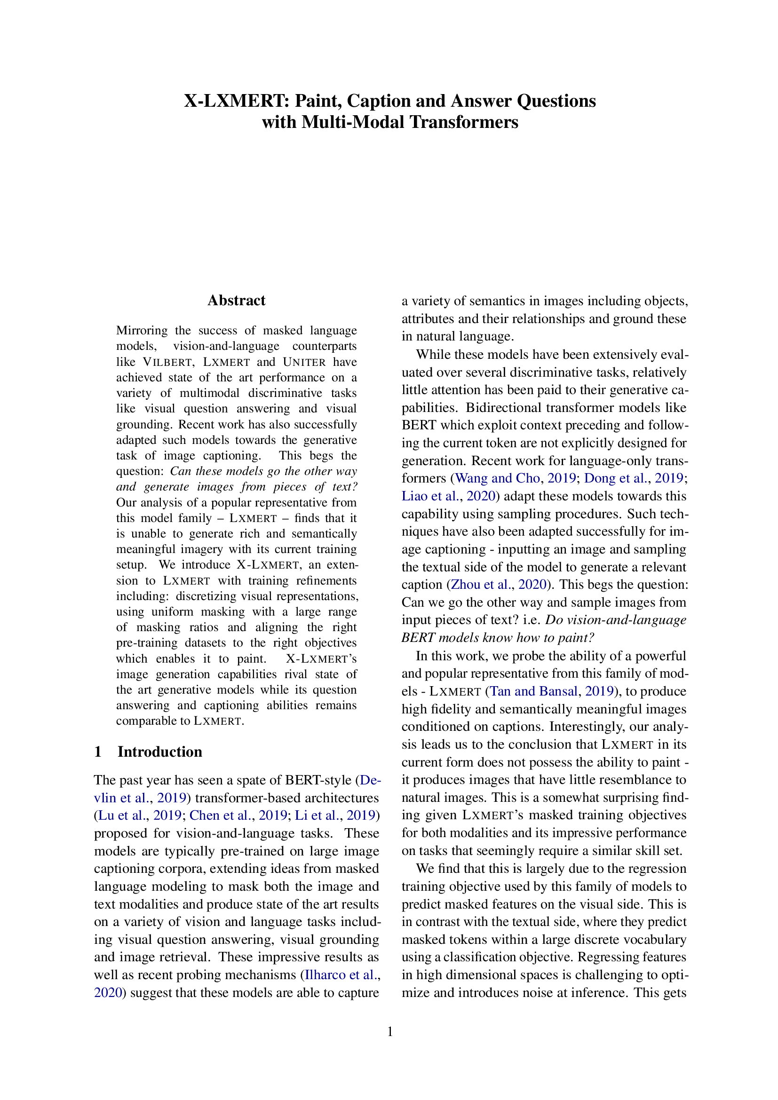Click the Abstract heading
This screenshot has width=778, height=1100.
tap(236, 301)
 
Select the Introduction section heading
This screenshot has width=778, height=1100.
tap(159, 752)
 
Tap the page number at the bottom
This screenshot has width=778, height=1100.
tap(389, 1031)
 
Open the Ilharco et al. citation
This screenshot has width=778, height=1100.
tap(340, 975)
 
